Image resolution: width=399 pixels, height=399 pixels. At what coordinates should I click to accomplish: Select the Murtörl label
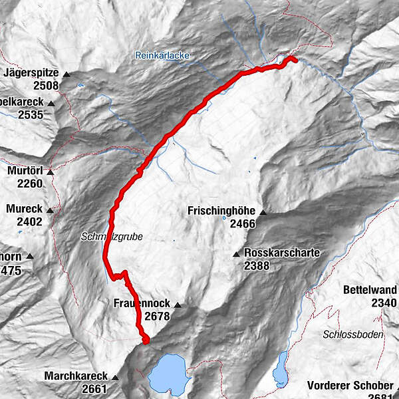25,171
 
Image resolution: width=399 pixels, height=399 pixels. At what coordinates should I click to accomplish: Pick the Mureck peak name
24,209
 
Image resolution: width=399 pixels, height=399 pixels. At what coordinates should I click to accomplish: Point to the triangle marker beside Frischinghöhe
263,213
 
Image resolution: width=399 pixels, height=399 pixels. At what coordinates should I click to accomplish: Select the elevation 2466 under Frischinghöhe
243,225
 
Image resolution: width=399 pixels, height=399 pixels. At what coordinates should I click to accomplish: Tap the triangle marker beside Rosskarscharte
236,254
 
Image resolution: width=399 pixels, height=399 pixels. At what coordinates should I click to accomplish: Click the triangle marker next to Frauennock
178,305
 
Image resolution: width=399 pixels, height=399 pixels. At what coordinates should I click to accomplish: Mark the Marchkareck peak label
76,376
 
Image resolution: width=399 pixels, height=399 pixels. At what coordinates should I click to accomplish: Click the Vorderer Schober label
352,386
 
